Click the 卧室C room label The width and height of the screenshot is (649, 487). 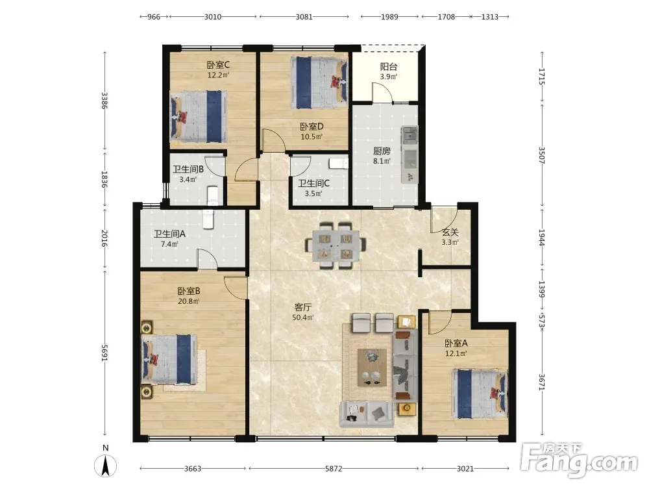(218, 65)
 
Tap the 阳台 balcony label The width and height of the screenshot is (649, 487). (389, 67)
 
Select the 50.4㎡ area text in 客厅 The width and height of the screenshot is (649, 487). (303, 318)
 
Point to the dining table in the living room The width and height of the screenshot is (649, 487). (336, 245)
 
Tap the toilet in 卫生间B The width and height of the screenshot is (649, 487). (213, 195)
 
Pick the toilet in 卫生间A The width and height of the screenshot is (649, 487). (208, 219)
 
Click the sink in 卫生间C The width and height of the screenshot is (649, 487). (339, 163)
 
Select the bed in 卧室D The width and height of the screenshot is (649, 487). (319, 82)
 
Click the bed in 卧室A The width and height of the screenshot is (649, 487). (480, 393)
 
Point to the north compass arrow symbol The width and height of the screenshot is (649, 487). (106, 465)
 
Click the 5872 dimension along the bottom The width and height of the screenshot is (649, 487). (334, 468)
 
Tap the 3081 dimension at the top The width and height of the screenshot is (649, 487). (304, 17)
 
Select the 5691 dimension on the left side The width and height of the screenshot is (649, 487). (105, 353)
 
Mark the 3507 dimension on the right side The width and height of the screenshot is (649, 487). (542, 155)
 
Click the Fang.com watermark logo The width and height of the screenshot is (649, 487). (579, 460)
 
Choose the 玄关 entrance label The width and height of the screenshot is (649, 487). (450, 232)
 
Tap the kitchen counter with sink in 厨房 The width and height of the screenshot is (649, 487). (410, 155)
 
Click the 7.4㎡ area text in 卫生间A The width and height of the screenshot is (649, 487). (169, 244)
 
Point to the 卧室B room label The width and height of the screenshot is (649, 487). (189, 291)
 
